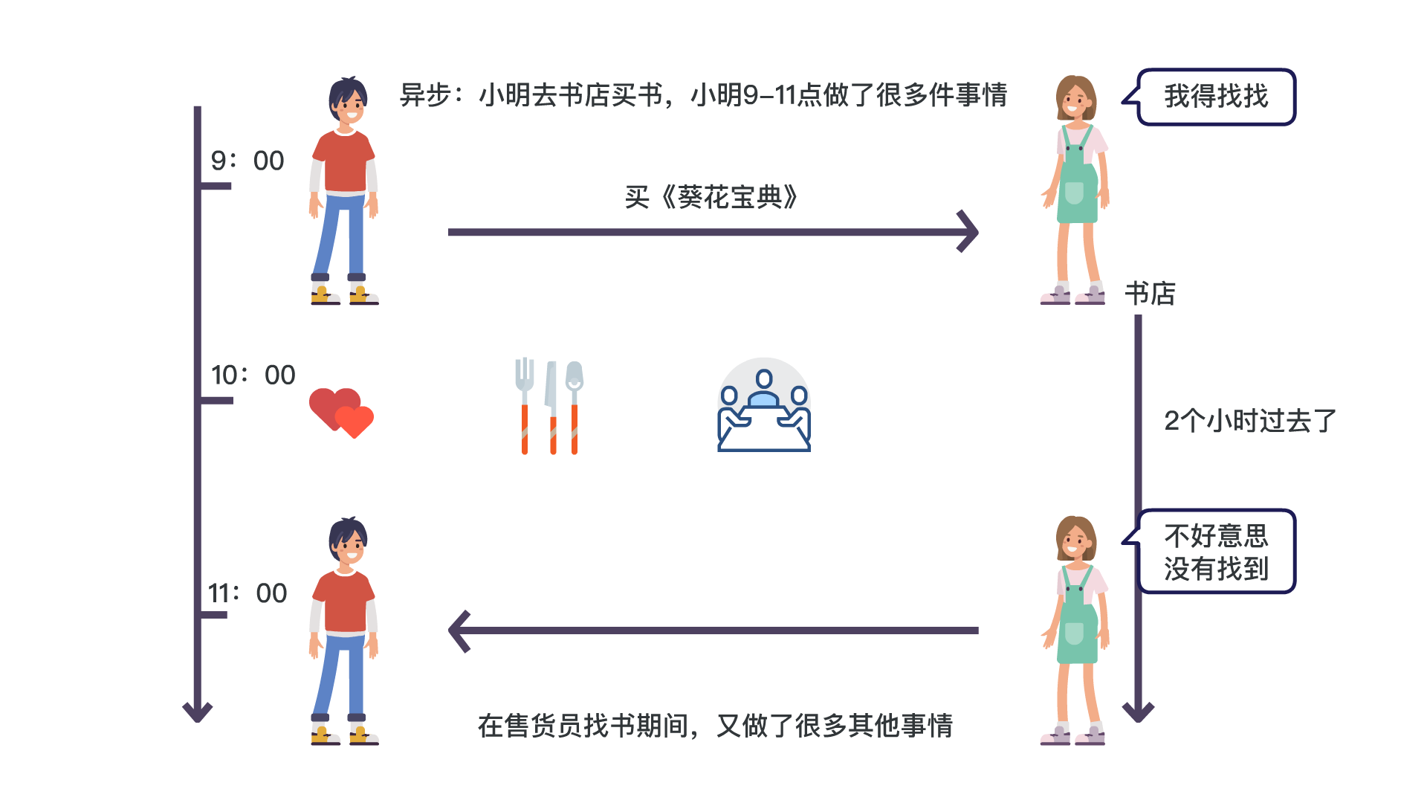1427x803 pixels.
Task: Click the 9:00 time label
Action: click(x=247, y=161)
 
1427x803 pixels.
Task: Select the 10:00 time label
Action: click(x=253, y=375)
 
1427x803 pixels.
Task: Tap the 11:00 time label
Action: click(x=247, y=593)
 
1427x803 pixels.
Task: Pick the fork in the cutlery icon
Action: click(x=525, y=405)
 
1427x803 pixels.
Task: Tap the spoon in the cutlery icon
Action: click(x=575, y=405)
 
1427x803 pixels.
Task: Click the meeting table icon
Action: click(x=763, y=405)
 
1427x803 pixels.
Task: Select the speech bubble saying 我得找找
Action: click(x=1216, y=97)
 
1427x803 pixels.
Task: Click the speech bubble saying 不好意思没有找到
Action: click(x=1216, y=552)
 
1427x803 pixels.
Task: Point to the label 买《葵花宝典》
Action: click(x=711, y=197)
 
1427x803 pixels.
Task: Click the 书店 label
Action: click(x=1150, y=294)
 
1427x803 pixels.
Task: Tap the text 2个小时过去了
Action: click(x=1250, y=421)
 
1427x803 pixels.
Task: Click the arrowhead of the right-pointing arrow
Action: click(x=968, y=232)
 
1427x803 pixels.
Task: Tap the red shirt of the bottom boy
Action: click(x=344, y=602)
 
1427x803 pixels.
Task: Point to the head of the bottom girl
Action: click(x=1075, y=539)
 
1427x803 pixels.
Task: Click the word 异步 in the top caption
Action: click(x=426, y=95)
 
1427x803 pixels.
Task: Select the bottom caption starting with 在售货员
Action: click(x=715, y=726)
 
